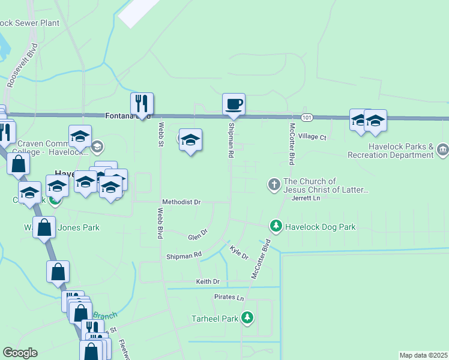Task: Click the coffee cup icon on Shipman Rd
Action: point(234,104)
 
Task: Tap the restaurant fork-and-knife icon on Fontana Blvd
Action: point(142,104)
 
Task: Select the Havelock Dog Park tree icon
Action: point(276,226)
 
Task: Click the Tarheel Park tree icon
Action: point(247,317)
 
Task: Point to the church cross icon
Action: point(274,184)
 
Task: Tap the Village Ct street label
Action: point(312,137)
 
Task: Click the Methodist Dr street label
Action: point(181,202)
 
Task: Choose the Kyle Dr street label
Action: point(240,251)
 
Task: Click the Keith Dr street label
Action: point(208,281)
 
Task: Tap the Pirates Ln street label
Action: point(229,298)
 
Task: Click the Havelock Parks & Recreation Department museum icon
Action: point(442,149)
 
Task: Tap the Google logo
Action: point(20,353)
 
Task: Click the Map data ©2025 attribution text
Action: point(423,355)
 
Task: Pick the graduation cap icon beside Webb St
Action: point(190,140)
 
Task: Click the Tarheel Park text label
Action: point(214,318)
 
